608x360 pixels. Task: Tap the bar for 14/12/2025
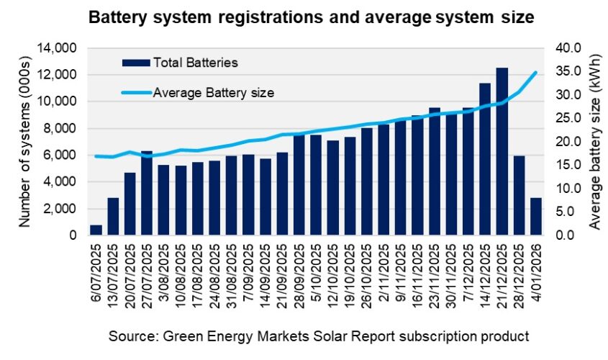[485, 159]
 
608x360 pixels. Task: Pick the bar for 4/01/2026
[536, 216]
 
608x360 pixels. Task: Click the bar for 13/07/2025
[113, 216]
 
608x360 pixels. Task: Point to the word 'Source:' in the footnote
[130, 336]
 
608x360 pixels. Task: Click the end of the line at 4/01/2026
[536, 72]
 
